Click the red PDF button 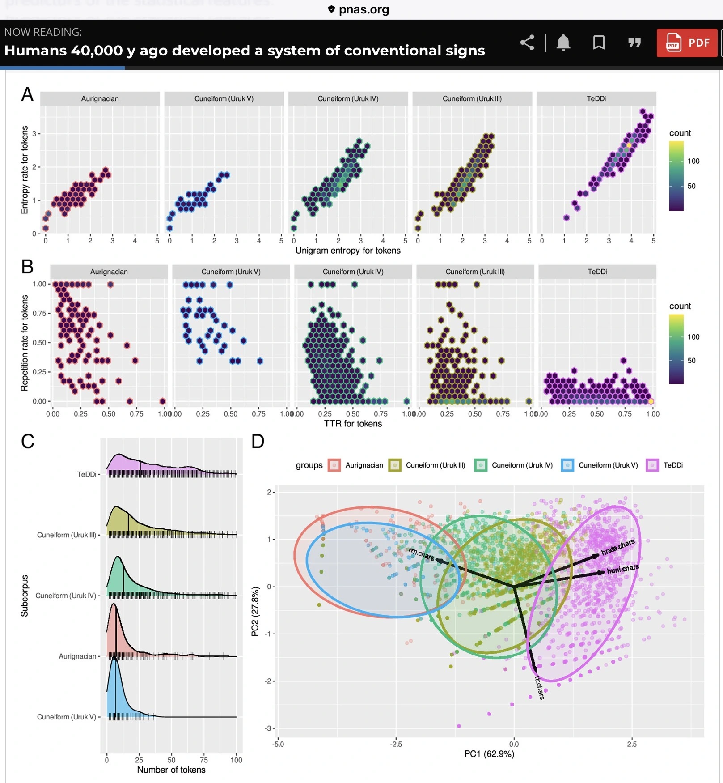point(687,43)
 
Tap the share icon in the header point(528,43)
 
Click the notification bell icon point(563,43)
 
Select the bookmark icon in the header point(599,43)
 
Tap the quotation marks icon point(634,43)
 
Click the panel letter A point(27,94)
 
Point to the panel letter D point(258,441)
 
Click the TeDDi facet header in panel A point(596,98)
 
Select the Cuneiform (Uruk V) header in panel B point(231,272)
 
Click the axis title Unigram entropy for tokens point(348,251)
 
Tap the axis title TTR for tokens point(353,424)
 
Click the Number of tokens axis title point(171,770)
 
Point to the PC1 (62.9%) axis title point(489,754)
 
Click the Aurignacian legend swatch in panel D point(334,465)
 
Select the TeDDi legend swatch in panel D point(652,465)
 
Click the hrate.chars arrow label point(618,547)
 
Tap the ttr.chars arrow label point(539,687)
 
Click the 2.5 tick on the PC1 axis point(632,744)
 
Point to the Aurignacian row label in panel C point(77,656)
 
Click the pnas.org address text point(364,9)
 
